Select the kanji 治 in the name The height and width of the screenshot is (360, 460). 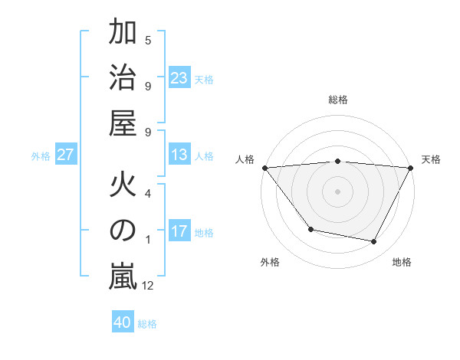tap(123, 78)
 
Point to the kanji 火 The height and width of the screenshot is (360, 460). tap(123, 186)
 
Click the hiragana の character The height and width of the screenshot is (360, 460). tap(123, 231)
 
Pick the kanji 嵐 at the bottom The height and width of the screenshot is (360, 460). tap(123, 277)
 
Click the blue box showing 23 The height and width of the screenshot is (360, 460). tap(179, 78)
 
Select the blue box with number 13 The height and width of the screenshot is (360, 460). tap(179, 155)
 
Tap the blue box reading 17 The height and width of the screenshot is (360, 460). tap(179, 232)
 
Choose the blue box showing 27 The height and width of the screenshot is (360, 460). tap(66, 155)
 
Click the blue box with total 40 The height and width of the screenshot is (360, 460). tap(123, 322)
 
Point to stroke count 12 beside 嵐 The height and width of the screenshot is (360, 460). tap(148, 286)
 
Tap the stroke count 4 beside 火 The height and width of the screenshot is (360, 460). tap(148, 193)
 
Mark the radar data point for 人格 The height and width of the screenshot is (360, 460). tap(264, 167)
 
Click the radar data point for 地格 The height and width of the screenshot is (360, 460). tap(374, 242)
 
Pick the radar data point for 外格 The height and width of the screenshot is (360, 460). tap(310, 229)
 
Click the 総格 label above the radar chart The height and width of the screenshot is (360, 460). tap(337, 100)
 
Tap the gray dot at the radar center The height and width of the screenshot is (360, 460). tap(337, 191)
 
